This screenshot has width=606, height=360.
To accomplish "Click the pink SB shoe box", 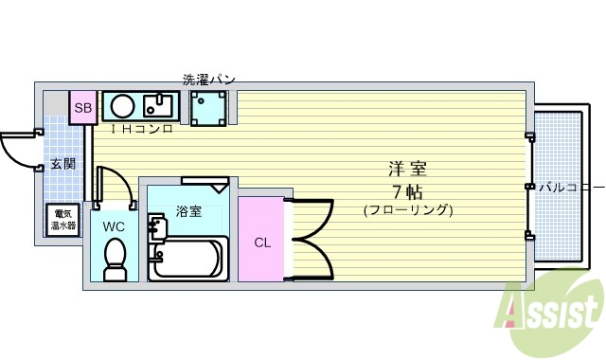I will point(82,107).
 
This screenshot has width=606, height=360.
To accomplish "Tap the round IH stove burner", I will point(120,105).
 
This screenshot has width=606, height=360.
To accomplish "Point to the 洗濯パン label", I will point(208,80).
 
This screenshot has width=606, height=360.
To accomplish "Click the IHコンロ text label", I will point(142,128).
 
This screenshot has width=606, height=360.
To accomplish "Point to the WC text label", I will point(114,227).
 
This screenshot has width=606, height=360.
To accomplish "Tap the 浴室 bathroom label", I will point(188,211).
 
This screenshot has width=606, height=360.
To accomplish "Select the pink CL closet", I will point(260,241).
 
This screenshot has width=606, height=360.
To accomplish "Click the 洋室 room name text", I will point(407,171).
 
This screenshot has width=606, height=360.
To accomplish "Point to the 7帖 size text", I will point(407,190).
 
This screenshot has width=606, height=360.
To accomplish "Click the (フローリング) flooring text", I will point(408,209).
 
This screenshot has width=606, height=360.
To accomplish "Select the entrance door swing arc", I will point(17,152).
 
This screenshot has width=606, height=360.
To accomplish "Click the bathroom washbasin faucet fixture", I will point(155,227).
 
